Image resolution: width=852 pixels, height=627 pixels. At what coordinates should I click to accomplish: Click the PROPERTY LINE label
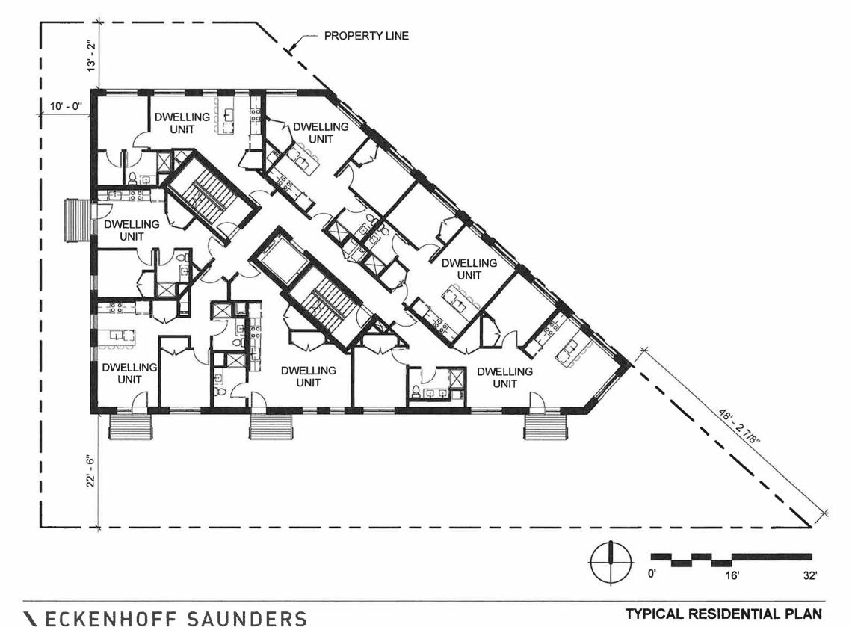tap(366, 36)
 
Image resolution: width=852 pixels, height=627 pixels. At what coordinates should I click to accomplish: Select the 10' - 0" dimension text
tap(66, 106)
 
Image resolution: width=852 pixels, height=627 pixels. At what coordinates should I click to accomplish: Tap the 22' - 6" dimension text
tap(90, 471)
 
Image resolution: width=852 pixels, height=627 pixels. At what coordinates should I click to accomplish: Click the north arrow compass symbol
tap(611, 563)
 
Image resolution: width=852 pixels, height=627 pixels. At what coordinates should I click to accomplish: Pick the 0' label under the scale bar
tap(652, 574)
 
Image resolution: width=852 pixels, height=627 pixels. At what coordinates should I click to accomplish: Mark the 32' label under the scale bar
tap(809, 575)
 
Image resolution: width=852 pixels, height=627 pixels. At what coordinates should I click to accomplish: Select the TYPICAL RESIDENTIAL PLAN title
tap(723, 614)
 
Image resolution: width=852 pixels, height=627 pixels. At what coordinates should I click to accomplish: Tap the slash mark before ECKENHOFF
tap(31, 618)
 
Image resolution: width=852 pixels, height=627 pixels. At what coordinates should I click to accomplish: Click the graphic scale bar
tap(732, 560)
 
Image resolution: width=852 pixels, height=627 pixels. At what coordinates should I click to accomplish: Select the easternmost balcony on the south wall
tap(546, 426)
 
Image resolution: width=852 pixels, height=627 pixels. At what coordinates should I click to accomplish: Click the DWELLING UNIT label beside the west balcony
tap(132, 230)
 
